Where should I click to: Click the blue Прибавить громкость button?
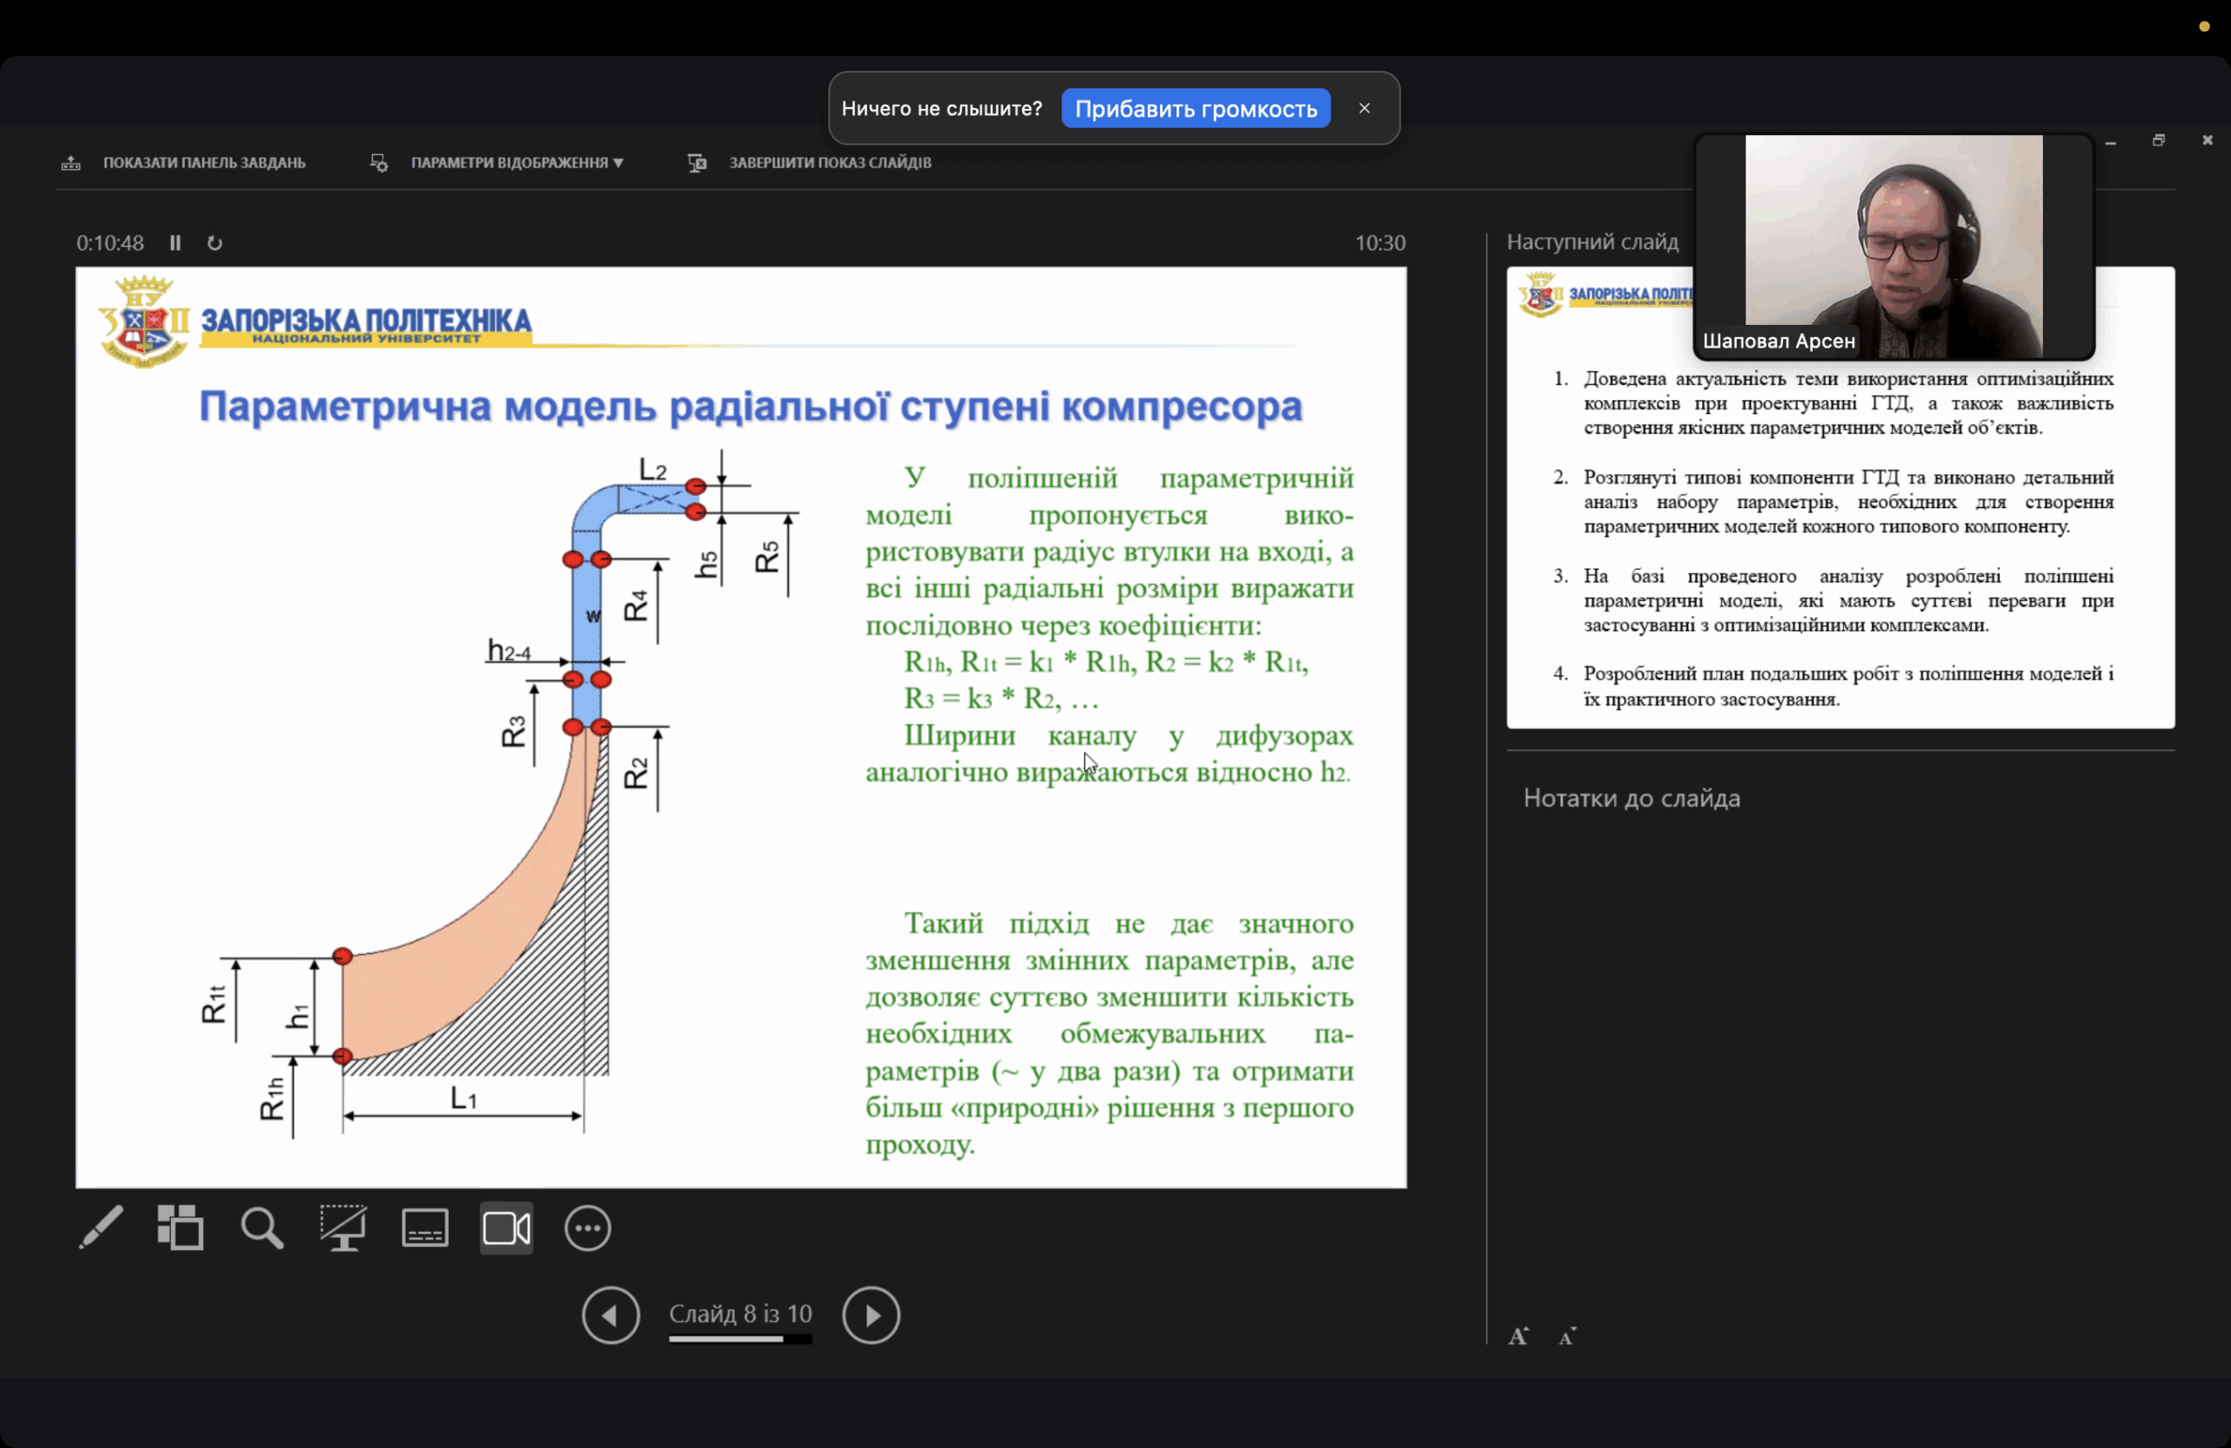coord(1195,109)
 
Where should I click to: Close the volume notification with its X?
coord(1364,108)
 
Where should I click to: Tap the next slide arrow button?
coord(871,1315)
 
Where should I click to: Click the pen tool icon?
coord(100,1228)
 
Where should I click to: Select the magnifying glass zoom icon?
coord(261,1228)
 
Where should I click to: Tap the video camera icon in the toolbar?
coord(506,1228)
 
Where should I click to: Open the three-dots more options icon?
coord(587,1228)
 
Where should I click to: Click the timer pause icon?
coord(175,243)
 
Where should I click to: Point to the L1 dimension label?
coord(464,1097)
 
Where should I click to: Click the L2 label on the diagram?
coord(653,469)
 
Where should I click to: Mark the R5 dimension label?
coord(767,557)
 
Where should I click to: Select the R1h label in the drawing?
coord(272,1099)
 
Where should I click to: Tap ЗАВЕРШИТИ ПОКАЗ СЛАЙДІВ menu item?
coord(830,162)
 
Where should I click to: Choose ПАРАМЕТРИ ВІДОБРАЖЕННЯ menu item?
coord(516,162)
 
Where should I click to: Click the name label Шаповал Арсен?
coord(1778,342)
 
